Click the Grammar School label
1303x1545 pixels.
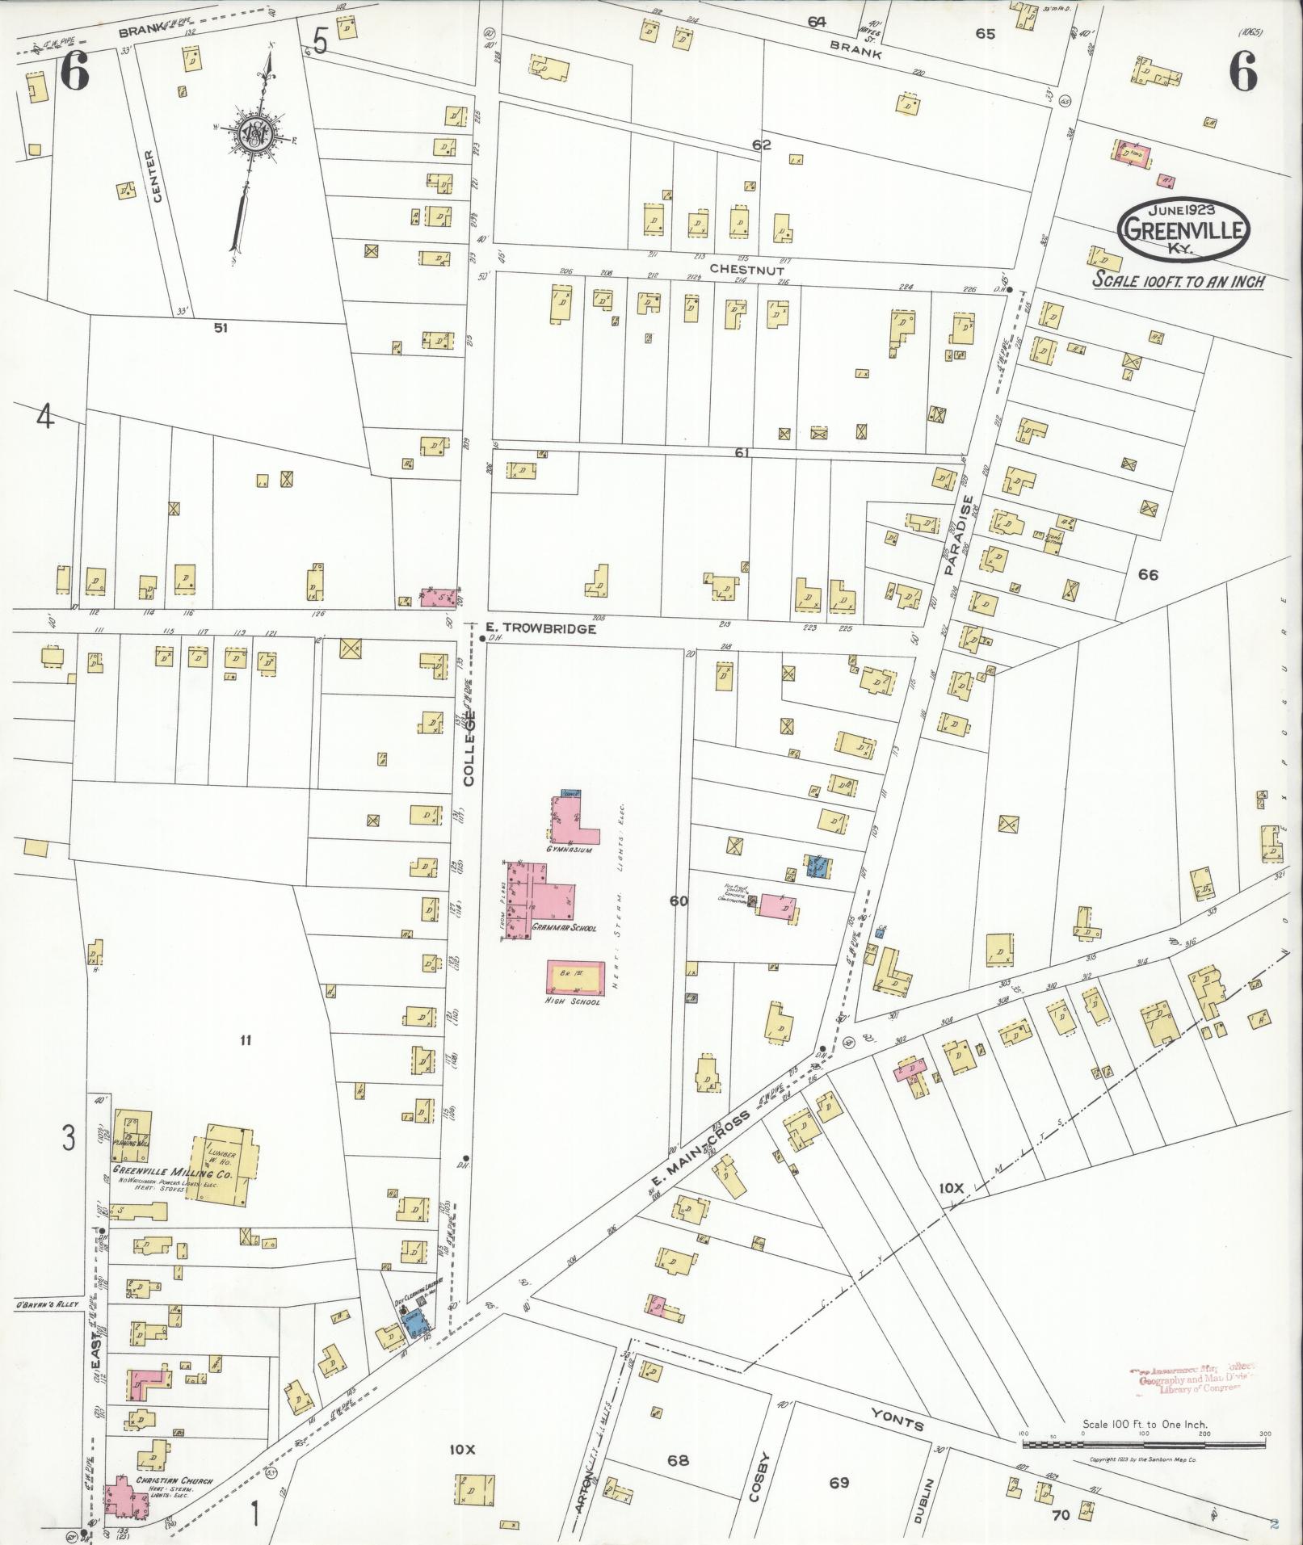(x=564, y=928)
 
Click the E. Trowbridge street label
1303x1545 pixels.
(x=540, y=628)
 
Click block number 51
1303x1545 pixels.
(x=220, y=327)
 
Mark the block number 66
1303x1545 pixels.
(x=1147, y=574)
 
